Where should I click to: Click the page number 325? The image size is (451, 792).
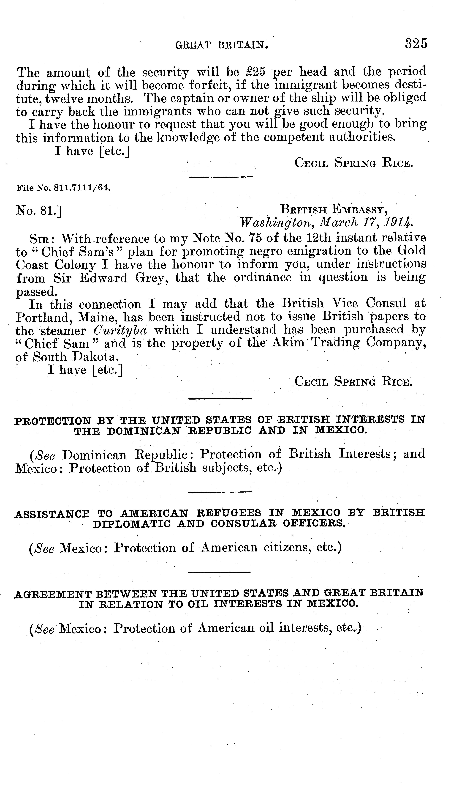416,43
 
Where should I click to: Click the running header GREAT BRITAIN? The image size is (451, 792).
221,46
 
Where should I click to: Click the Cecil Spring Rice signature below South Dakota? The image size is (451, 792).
353,381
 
